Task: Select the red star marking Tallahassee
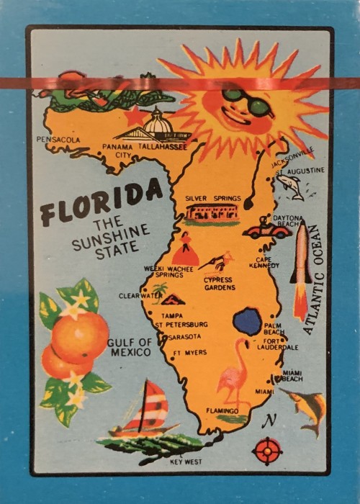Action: (x=133, y=115)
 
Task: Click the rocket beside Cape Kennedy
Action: (x=300, y=270)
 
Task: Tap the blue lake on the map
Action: (x=248, y=322)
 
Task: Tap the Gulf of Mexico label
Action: (x=129, y=347)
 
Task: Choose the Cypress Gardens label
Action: (x=219, y=283)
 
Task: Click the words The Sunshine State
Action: (x=112, y=236)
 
